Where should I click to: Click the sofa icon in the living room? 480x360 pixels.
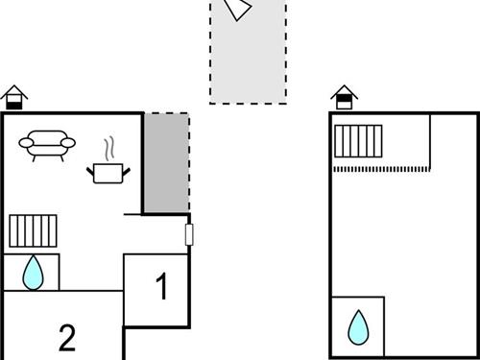[x=47, y=144]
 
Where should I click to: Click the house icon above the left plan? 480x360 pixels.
[x=14, y=97]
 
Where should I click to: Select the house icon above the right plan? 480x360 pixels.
[x=345, y=97]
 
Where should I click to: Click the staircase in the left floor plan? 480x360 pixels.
[x=34, y=230]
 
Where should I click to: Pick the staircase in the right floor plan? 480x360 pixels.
[x=359, y=141]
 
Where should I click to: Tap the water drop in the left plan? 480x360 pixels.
[x=34, y=273]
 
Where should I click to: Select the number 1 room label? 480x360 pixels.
[x=162, y=287]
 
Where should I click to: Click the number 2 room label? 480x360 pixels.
[x=66, y=337]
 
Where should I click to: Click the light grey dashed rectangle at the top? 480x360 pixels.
[x=248, y=58]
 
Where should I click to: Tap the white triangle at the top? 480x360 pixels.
[x=237, y=9]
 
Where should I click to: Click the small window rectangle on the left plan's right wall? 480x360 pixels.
[x=189, y=234]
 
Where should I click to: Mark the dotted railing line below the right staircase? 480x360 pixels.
[x=381, y=169]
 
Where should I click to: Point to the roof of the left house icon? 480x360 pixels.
[x=14, y=91]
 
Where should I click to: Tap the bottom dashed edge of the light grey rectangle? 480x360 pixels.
[x=248, y=103]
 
